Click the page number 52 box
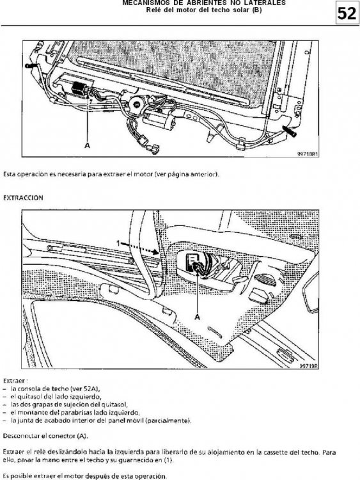click(347, 14)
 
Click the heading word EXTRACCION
click(23, 198)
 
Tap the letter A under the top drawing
click(88, 145)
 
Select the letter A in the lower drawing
click(198, 317)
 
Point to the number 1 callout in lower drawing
click(118, 243)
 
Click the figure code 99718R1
click(308, 154)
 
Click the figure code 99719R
click(309, 366)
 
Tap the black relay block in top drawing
click(78, 89)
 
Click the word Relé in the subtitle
click(152, 10)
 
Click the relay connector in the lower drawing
click(197, 266)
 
